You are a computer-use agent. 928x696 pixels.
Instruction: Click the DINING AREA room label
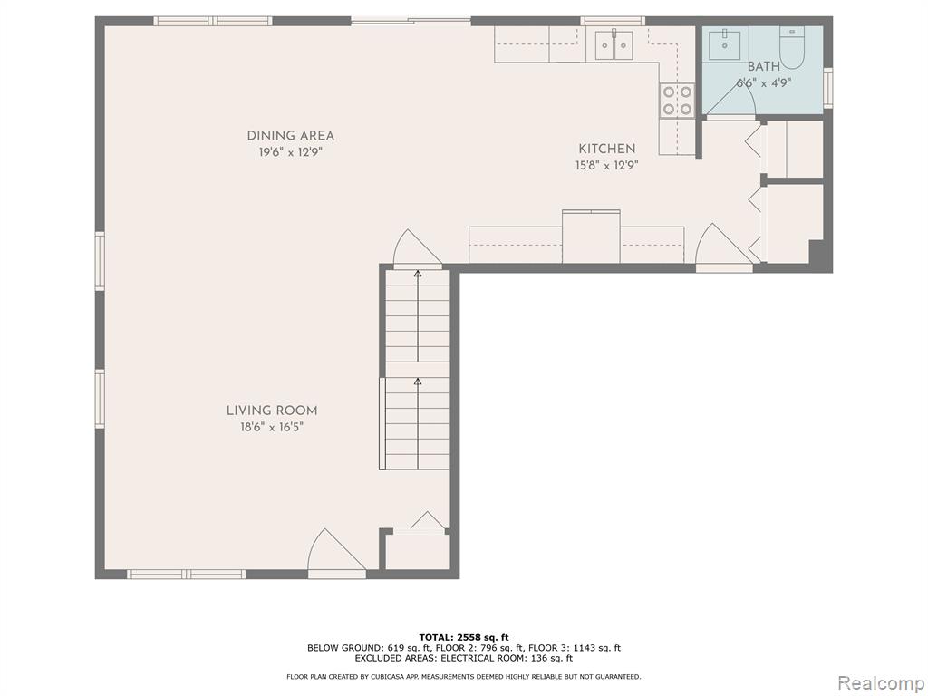coord(291,136)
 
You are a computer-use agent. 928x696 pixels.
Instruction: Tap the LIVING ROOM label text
coord(272,411)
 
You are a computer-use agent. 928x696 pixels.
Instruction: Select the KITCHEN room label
coord(606,149)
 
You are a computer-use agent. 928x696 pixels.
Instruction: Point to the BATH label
coord(763,67)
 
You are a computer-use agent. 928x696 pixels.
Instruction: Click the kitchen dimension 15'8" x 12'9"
coord(606,166)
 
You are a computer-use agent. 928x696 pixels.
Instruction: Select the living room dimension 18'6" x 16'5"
coord(272,427)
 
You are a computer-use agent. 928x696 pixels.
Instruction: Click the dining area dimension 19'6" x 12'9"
coord(291,152)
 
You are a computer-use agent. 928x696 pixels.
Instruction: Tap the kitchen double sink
coord(614,45)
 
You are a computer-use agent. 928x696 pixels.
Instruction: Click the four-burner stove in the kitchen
coord(678,100)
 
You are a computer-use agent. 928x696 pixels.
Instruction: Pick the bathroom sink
coord(724,43)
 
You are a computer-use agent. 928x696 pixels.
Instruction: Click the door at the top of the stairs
coord(417,248)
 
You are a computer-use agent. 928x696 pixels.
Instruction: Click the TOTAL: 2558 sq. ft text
coord(464,637)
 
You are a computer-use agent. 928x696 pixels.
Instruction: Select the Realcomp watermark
coord(881,682)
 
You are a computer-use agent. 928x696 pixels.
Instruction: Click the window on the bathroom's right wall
coord(828,88)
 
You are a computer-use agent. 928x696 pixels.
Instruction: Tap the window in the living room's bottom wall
coord(186,574)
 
